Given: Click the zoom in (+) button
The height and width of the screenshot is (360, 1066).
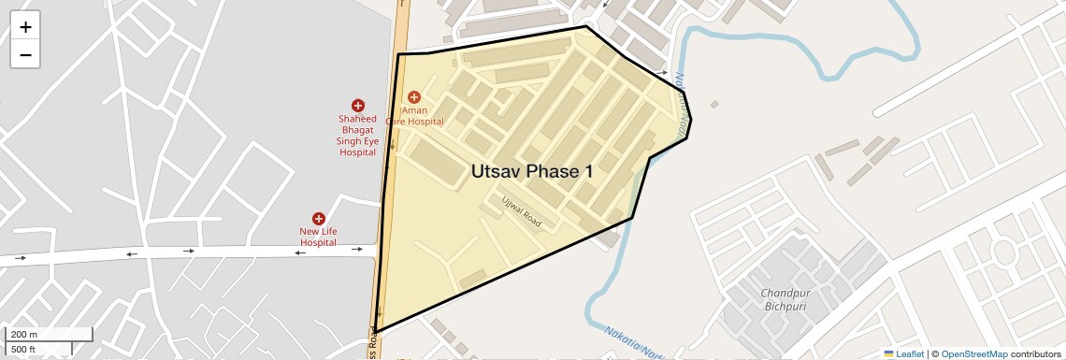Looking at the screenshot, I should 25,27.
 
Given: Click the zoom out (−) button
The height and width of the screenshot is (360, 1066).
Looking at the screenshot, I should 25,55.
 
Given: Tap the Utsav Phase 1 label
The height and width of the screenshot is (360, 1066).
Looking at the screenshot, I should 532,171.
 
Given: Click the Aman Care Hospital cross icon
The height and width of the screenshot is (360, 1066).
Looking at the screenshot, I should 414,97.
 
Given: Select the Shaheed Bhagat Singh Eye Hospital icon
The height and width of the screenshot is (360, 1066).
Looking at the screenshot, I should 357,106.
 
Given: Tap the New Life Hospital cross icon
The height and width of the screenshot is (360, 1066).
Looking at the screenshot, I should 318,218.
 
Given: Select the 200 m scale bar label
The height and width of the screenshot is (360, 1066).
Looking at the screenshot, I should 25,335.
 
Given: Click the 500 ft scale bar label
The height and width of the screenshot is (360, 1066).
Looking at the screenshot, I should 23,350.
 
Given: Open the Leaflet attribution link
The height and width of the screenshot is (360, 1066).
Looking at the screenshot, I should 904,353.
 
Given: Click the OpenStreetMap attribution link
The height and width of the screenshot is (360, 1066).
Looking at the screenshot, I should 973,353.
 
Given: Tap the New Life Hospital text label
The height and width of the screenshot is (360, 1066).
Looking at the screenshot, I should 318,237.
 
